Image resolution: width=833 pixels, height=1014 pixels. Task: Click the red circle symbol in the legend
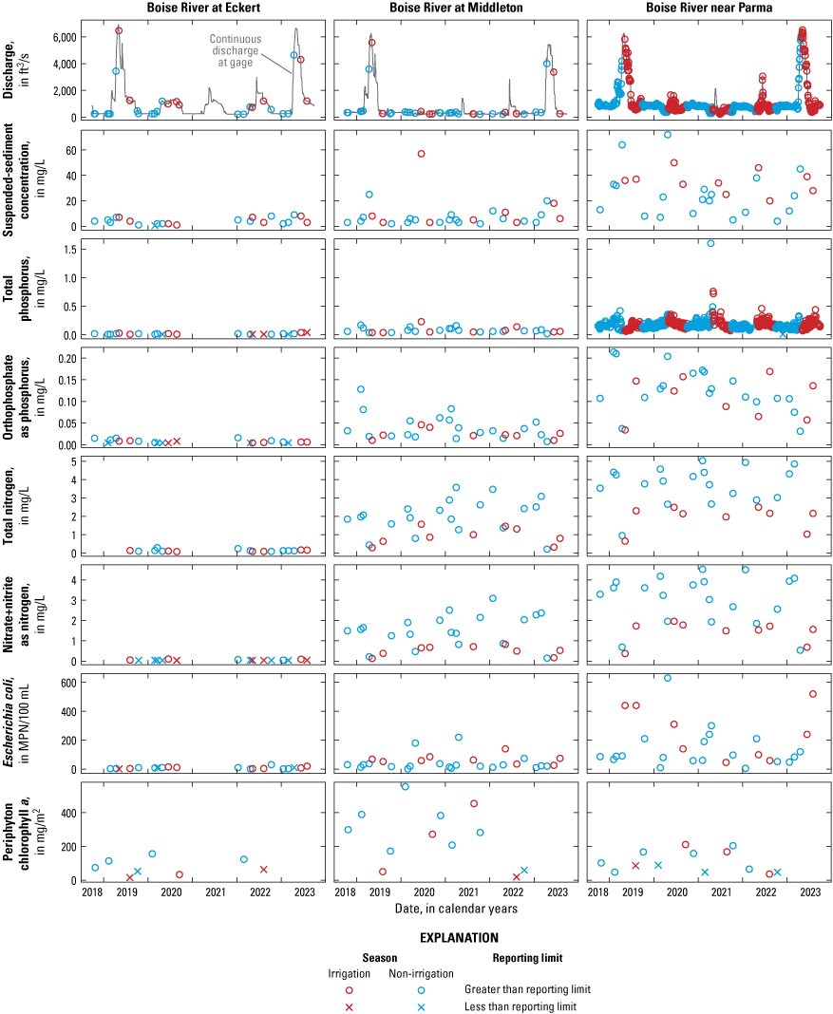click(349, 989)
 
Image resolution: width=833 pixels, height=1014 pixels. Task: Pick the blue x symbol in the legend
click(421, 1006)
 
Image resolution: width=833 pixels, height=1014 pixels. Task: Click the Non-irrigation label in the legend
click(421, 973)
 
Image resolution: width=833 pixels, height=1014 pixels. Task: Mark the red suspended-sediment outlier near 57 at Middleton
click(421, 154)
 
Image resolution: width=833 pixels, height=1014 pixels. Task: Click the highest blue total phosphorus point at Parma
click(710, 243)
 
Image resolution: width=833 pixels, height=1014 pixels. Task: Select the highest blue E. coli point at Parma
click(668, 678)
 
